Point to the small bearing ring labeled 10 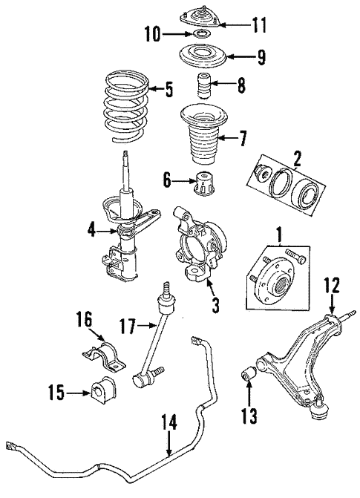[200, 35]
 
